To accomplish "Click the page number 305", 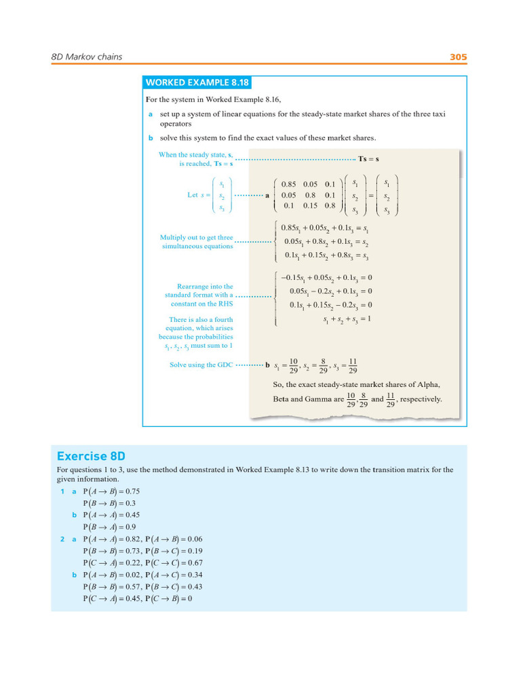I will [x=459, y=57].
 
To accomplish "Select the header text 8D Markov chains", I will [x=87, y=57].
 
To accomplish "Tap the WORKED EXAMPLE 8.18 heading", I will [x=197, y=83].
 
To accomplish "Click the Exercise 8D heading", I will [x=91, y=456].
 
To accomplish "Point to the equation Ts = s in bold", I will [x=369, y=159].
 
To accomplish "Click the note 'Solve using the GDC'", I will [x=201, y=365].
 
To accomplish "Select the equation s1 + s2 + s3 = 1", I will [x=347, y=319].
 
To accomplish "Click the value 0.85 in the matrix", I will [x=290, y=184].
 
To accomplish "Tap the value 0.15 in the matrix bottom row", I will [x=310, y=205].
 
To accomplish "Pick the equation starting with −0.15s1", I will [x=326, y=277].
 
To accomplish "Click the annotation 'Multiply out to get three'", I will [x=196, y=238].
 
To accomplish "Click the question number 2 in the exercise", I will [x=62, y=539].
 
